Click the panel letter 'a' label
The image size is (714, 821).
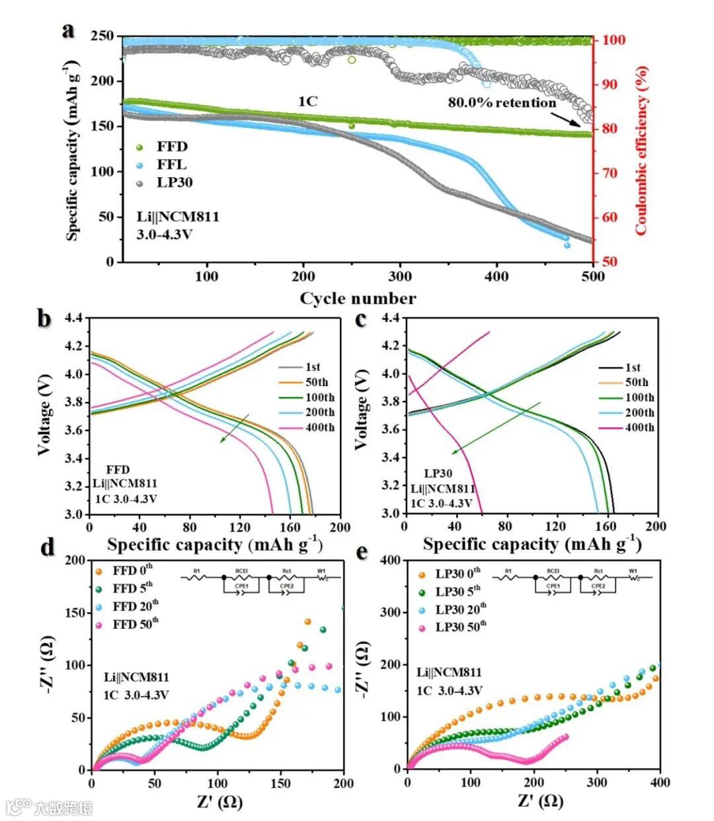[x=67, y=30]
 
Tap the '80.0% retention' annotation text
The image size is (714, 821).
[x=502, y=102]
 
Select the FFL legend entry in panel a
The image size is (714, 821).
[x=171, y=165]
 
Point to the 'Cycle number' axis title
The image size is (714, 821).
[x=358, y=298]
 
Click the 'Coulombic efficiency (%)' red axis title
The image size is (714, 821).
[x=641, y=149]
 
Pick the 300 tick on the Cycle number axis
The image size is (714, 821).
[x=400, y=276]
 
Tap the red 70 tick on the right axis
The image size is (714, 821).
[x=608, y=173]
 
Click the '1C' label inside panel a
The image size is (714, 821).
[x=307, y=101]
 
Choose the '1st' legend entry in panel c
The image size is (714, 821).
[x=633, y=368]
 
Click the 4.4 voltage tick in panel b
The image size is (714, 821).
[x=73, y=319]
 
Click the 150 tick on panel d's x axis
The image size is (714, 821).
[x=280, y=783]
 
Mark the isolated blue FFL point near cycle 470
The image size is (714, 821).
[x=567, y=245]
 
